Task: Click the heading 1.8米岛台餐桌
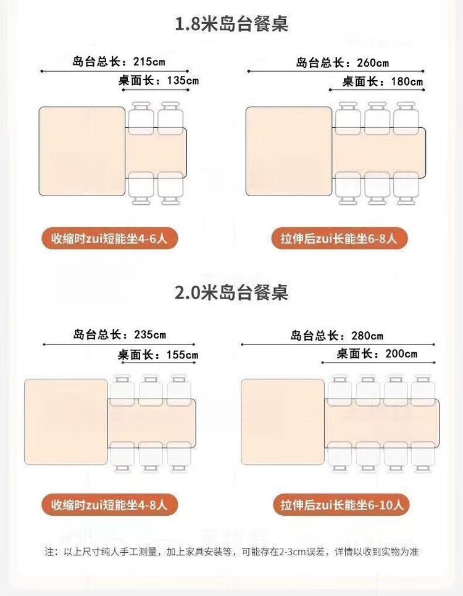[231, 24]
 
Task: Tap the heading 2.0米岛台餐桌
[231, 292]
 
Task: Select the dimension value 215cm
[149, 62]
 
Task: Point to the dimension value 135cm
[183, 81]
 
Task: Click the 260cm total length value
[373, 63]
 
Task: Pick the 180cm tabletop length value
[407, 81]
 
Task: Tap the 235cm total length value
[150, 335]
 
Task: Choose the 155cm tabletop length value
[182, 355]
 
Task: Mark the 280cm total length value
[367, 336]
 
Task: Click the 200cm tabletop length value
[401, 354]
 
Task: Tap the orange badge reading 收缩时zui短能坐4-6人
[109, 238]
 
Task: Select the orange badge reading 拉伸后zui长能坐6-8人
[340, 238]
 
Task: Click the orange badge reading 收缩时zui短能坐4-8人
[109, 505]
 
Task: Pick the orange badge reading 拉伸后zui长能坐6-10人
[341, 505]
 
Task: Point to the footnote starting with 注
[231, 552]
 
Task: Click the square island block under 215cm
[81, 151]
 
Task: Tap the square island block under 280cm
[283, 422]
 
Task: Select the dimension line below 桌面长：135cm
[156, 90]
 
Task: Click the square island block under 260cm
[289, 151]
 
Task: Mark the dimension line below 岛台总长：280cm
[338, 344]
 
